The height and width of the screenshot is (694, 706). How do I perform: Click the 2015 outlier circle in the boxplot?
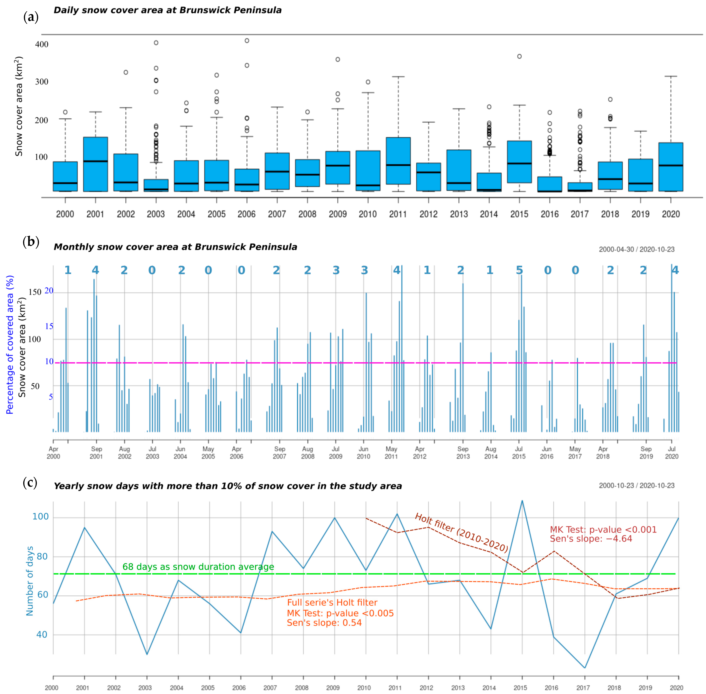point(519,56)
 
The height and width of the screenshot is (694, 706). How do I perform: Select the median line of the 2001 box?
point(95,161)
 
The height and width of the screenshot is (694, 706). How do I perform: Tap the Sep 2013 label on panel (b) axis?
point(463,452)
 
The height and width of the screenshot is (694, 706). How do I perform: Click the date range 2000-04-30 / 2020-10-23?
point(636,250)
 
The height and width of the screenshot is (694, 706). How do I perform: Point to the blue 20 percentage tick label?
point(49,291)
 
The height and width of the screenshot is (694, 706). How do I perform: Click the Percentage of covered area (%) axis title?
point(10,344)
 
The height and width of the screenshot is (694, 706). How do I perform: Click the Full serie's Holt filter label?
point(332,603)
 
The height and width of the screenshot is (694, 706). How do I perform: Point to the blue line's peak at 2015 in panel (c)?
point(522,501)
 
